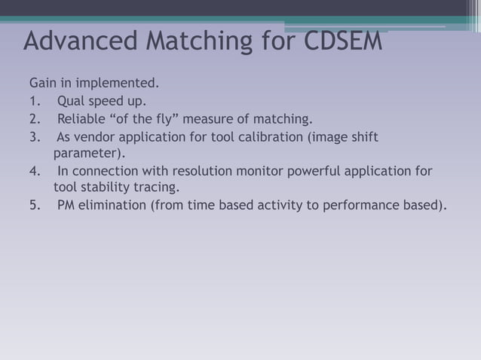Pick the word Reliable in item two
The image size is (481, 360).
(81, 118)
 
